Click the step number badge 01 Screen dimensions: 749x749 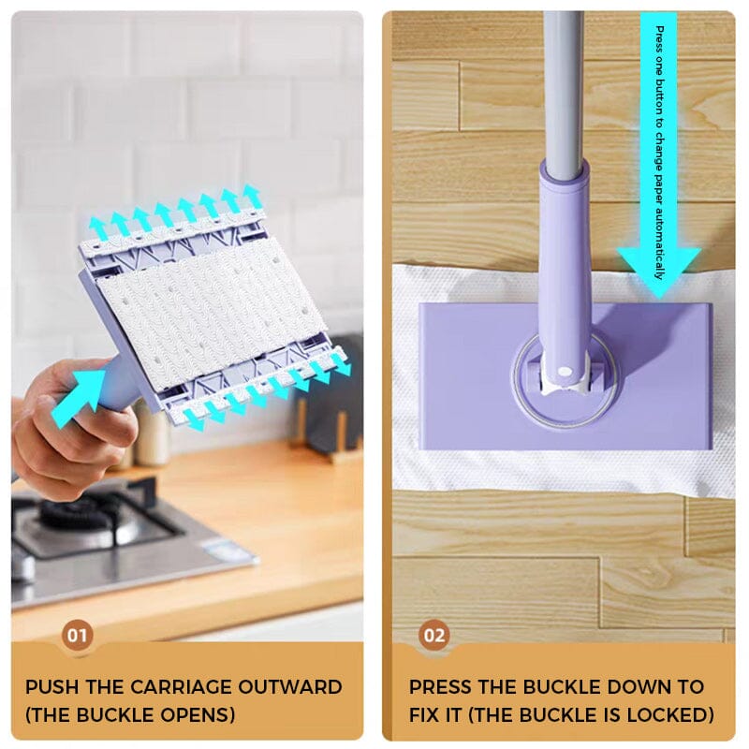point(78,636)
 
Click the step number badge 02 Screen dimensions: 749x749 point(433,636)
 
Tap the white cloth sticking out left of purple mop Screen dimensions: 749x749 point(404,374)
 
